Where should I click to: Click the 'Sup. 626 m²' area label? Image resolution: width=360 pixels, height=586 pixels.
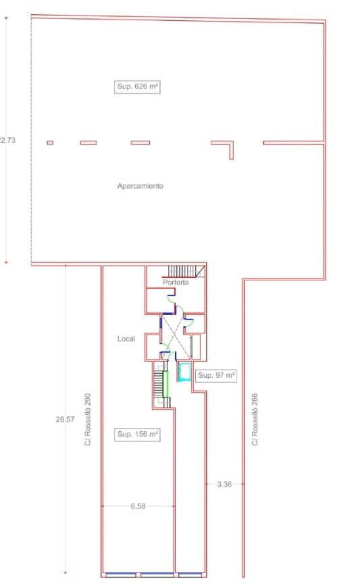point(137,87)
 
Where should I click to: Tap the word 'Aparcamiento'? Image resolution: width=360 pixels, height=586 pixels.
point(140,185)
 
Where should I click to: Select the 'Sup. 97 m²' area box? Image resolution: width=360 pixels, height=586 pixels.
point(215,375)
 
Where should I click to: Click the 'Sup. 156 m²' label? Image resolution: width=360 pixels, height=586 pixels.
point(137,435)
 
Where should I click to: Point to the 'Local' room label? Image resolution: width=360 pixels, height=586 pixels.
point(126,338)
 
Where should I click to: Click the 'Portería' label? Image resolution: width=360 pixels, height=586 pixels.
point(175,282)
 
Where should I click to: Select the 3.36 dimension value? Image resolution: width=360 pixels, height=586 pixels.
point(224,484)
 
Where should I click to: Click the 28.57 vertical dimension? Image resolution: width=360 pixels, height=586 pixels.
point(65,419)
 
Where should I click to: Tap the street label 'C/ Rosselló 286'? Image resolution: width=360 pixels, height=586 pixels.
point(255,419)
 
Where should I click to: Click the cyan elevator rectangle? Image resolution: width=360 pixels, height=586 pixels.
point(184,372)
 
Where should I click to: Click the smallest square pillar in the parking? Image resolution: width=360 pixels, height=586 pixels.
point(49,143)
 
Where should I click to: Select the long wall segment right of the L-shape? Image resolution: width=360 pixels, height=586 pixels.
point(293,143)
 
